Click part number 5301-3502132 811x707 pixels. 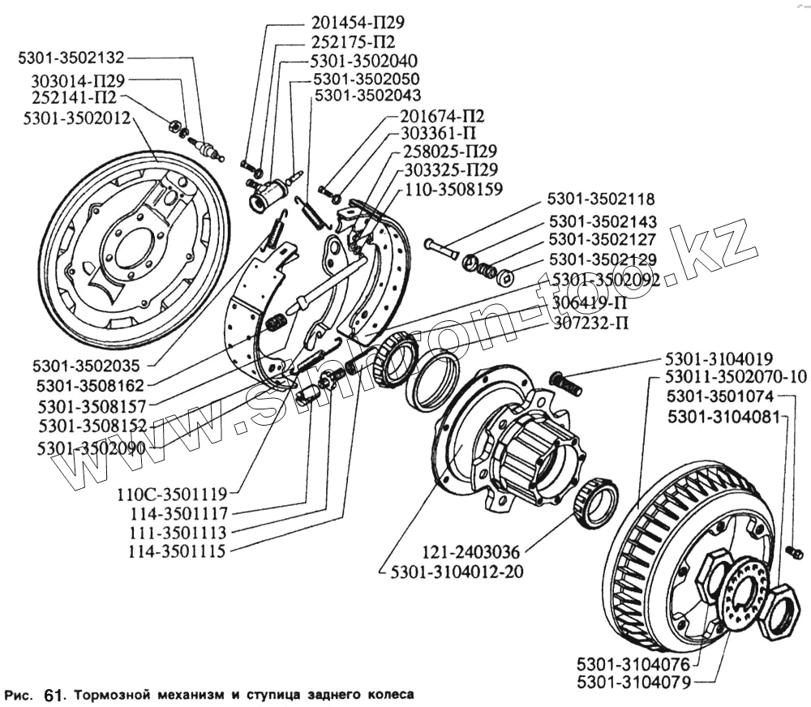[x=71, y=58]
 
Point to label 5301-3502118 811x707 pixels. [x=613, y=199]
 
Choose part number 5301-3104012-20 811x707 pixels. [x=456, y=572]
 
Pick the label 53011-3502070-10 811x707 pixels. [x=736, y=377]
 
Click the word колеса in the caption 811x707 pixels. [x=388, y=695]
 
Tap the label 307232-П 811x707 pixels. [x=590, y=322]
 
